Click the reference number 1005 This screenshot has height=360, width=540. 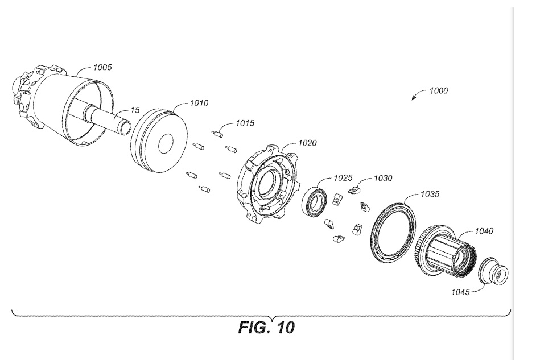(x=102, y=67)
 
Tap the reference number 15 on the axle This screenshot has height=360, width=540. (x=135, y=110)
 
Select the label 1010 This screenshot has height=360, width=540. (x=199, y=103)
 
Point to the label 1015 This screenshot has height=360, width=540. (x=245, y=123)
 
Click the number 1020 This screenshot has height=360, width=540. (x=307, y=143)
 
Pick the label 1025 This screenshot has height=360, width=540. (x=343, y=177)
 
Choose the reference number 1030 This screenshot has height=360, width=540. (x=383, y=178)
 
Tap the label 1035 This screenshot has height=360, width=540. (x=430, y=194)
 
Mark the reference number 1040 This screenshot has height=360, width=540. (x=484, y=231)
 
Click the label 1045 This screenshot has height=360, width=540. (x=460, y=292)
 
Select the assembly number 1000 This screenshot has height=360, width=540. (x=439, y=91)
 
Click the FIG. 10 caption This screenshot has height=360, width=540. (x=266, y=328)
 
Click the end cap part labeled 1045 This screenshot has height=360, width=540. (x=493, y=271)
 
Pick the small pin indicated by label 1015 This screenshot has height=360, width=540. (x=217, y=134)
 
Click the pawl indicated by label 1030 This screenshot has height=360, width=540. (x=354, y=189)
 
